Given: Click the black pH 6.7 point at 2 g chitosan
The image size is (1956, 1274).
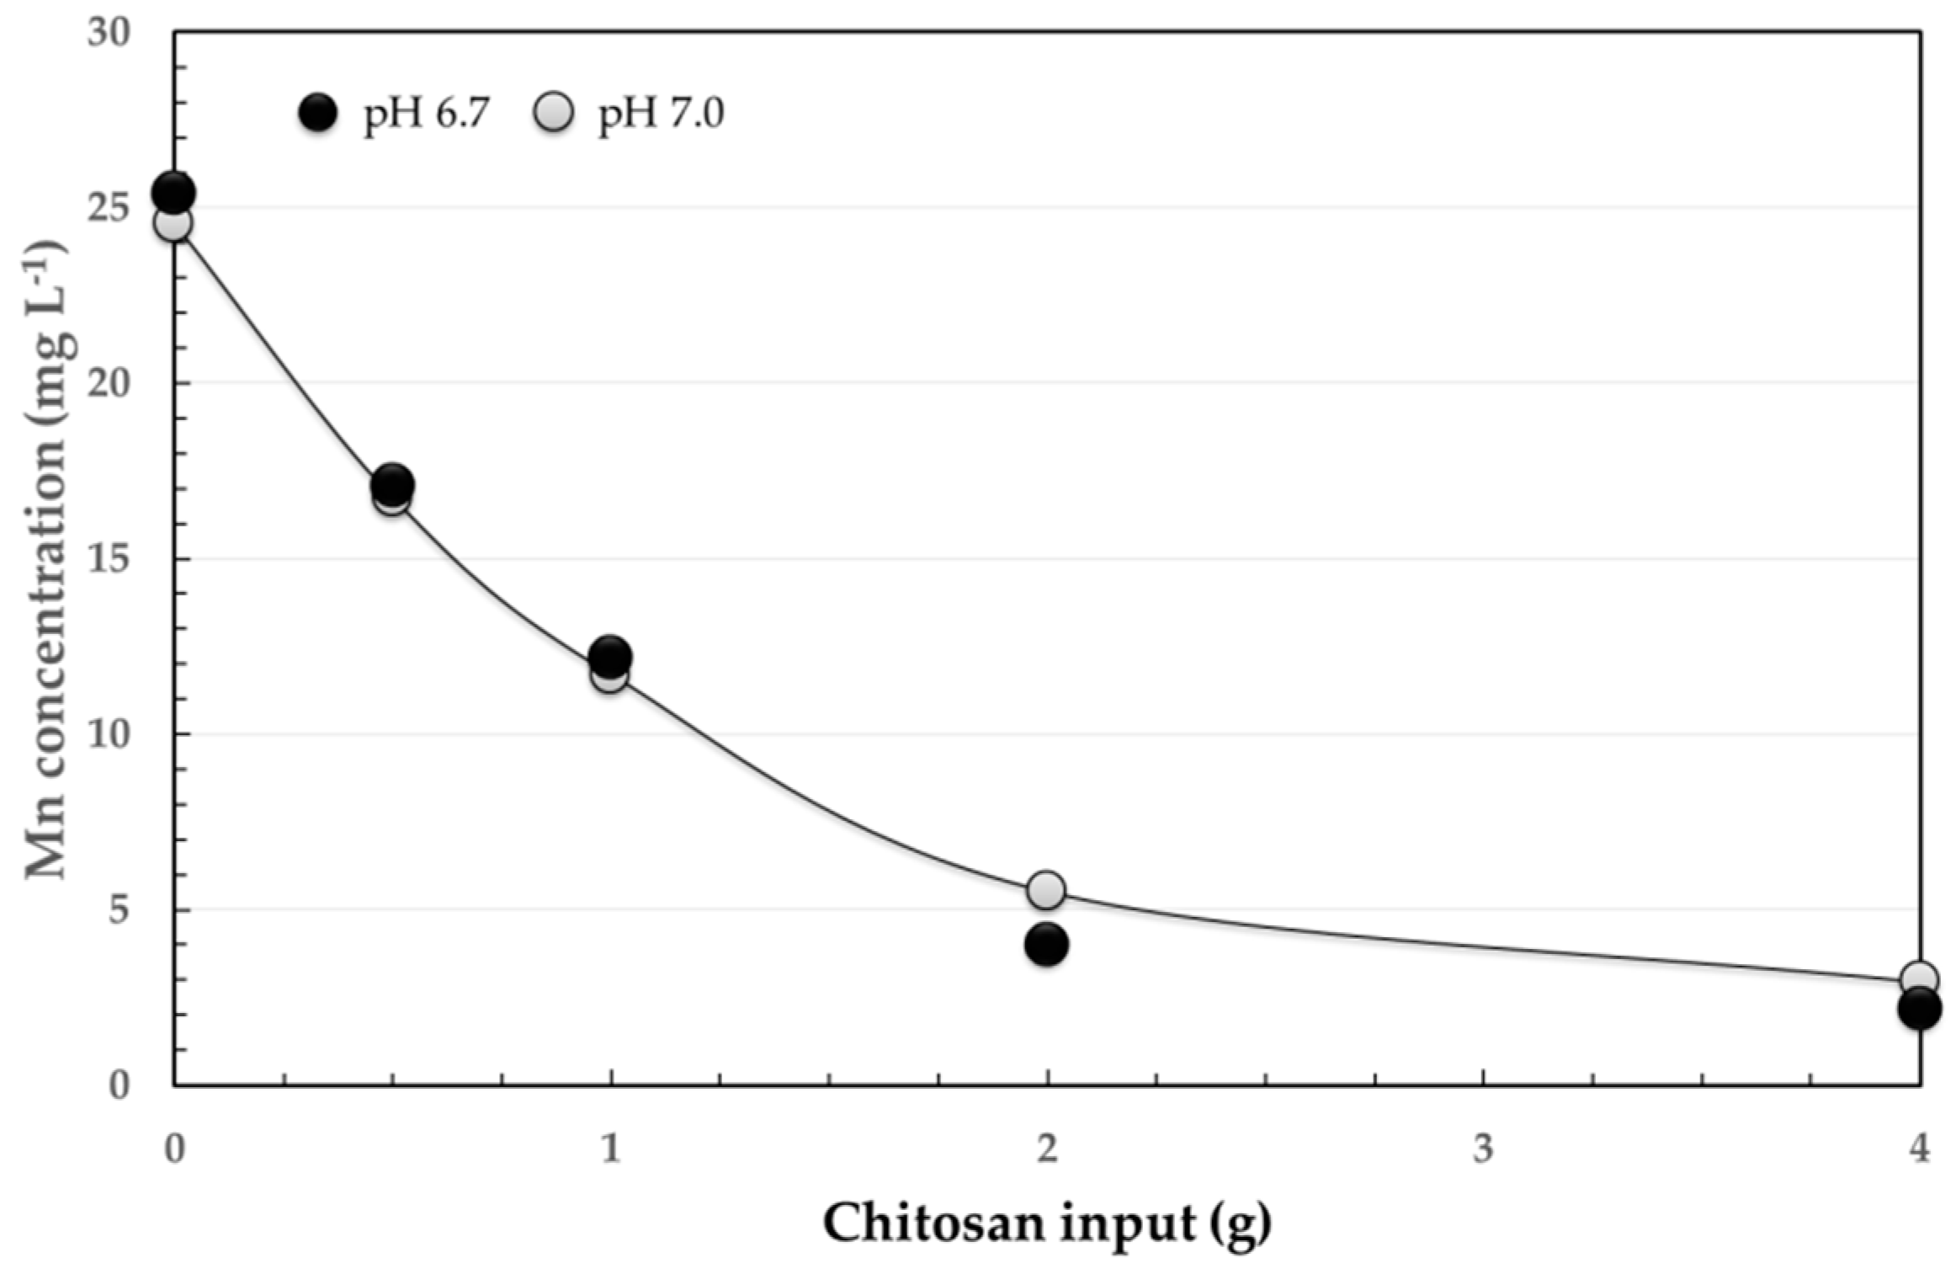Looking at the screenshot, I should point(1046,944).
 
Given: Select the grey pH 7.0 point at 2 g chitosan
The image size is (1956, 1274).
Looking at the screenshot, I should point(1046,890).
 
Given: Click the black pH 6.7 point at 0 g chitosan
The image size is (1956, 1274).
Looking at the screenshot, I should point(173,193).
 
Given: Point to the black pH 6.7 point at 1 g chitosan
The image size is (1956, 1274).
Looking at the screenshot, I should point(610,656).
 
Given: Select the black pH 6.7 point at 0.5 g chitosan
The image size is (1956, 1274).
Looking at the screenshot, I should point(392,483).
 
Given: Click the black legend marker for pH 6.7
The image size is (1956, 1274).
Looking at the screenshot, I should point(318,112).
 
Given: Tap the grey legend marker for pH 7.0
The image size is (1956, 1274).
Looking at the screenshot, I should point(553,112).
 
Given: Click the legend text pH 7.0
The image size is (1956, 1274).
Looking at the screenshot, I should point(661,114).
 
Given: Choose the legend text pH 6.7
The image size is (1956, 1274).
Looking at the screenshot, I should point(426,114).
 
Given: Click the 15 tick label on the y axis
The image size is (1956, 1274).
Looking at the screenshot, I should point(109,558).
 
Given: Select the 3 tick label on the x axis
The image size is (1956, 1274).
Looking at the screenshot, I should point(1483,1149).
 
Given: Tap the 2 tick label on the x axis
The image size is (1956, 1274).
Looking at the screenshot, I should point(1047,1149).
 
